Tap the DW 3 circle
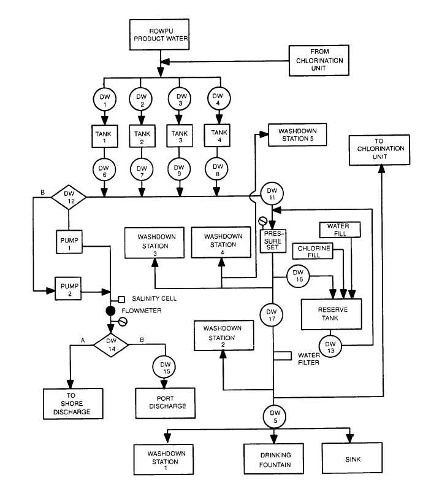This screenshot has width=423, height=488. coord(179,99)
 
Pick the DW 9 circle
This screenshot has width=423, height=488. coord(179,167)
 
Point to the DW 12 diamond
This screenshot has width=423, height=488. coord(68,198)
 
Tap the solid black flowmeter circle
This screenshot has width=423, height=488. coord(111,311)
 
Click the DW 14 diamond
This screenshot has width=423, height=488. coord(111,345)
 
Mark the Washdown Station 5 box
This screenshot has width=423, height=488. coord(297,135)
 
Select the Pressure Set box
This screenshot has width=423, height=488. coord(272,240)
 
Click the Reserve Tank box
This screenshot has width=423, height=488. coord(333,314)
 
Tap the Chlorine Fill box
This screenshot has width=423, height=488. coord(312,252)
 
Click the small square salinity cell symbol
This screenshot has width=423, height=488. coord(121,299)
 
